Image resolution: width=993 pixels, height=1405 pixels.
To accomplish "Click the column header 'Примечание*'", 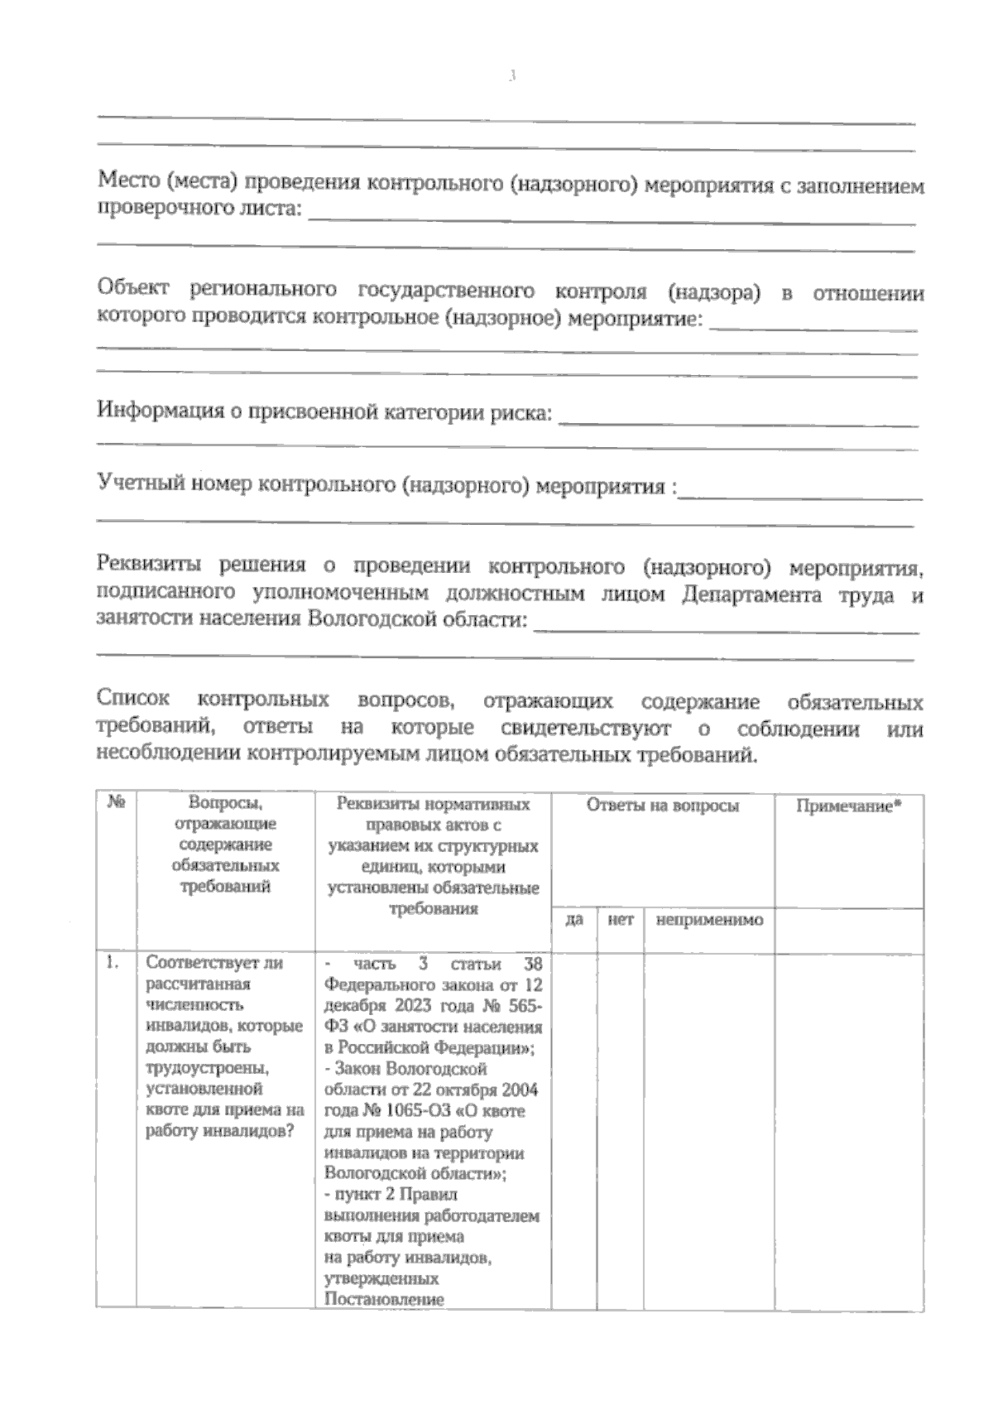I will (848, 806).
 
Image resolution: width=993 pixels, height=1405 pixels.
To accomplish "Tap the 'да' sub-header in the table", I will (574, 920).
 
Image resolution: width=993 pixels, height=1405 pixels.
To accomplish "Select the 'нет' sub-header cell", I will (621, 920).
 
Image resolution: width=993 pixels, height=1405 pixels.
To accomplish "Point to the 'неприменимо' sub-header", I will (709, 920).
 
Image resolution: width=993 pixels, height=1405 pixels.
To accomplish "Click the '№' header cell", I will (116, 802).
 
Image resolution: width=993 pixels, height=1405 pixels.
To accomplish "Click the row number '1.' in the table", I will (113, 963).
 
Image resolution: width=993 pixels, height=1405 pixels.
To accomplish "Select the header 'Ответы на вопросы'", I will (663, 806).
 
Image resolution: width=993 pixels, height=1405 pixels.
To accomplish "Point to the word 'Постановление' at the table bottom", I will (385, 1300).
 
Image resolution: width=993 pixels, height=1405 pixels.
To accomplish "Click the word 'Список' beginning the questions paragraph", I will (133, 699).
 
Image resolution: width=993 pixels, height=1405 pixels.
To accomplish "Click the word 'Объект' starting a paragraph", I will (133, 289).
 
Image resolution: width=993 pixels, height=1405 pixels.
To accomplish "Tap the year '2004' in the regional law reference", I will (519, 1090).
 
